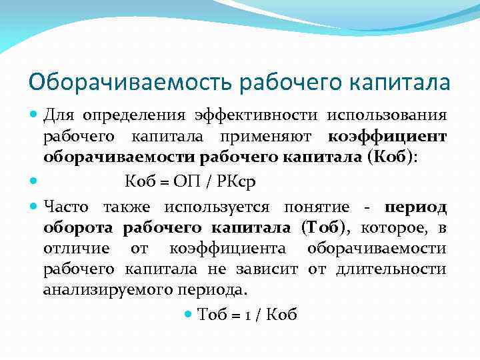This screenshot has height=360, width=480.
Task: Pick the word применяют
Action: pos(274,137)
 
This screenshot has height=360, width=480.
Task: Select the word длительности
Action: pos(400,269)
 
